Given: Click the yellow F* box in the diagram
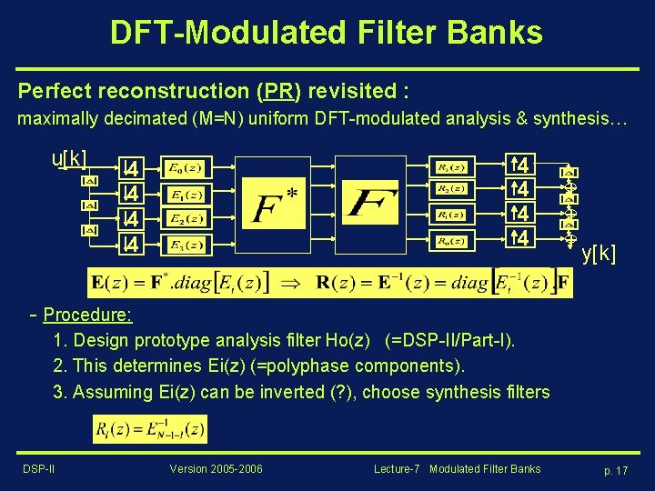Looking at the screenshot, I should click(x=276, y=206).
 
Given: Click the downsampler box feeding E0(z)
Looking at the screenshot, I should click(x=132, y=168).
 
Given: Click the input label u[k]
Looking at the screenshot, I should click(x=70, y=158).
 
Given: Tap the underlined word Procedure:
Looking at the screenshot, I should click(x=87, y=316).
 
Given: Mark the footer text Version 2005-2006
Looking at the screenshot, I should click(x=216, y=469).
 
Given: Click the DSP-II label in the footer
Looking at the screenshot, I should click(x=38, y=469).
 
